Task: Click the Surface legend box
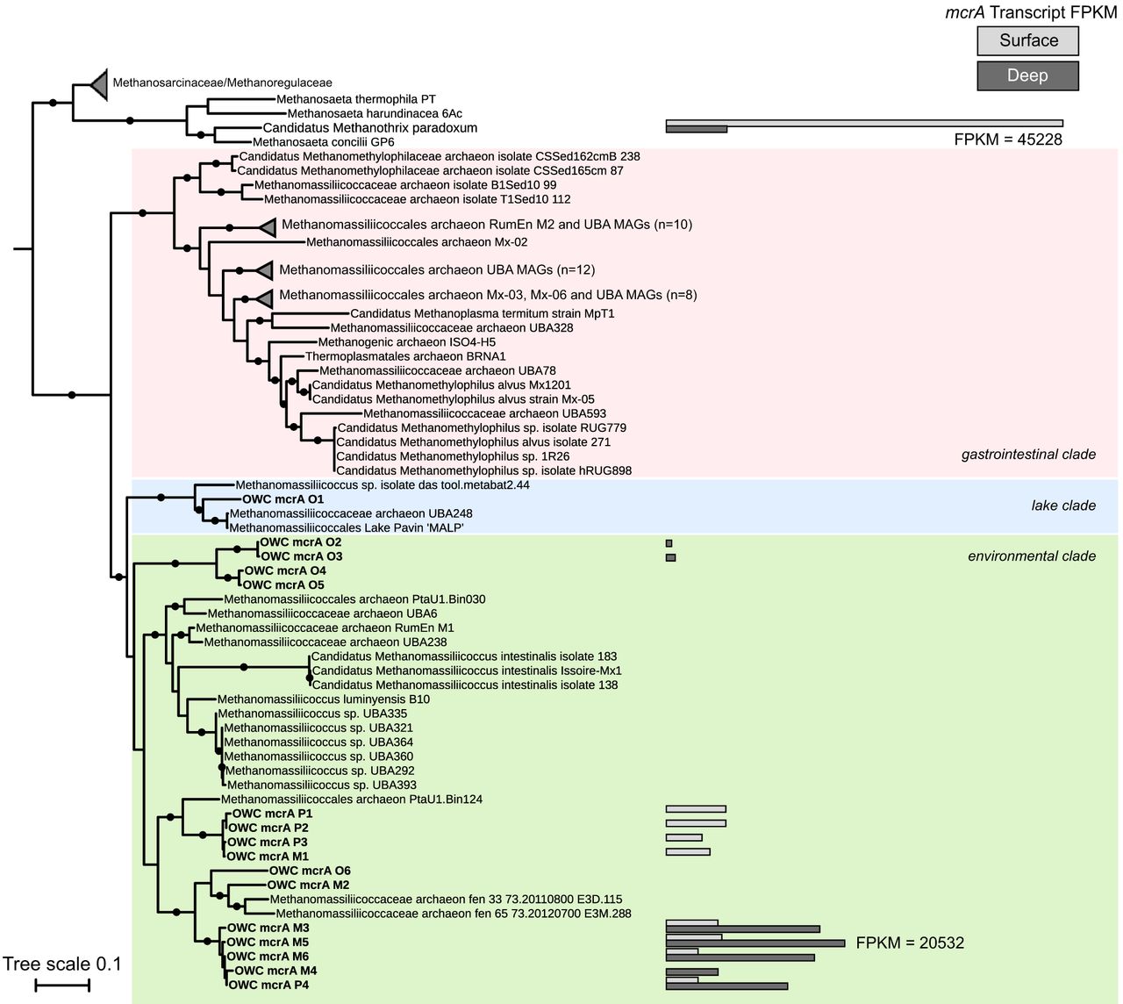(1027, 40)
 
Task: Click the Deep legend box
(1027, 75)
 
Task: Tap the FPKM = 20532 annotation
(910, 943)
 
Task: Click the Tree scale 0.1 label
(61, 965)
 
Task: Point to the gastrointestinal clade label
(1028, 454)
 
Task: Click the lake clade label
(1063, 506)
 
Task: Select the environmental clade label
(1032, 556)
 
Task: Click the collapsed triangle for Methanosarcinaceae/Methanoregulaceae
(97, 84)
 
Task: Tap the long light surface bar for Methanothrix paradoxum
(864, 124)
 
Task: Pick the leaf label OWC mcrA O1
(270, 499)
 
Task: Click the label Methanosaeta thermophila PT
(355, 99)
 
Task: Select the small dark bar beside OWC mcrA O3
(670, 557)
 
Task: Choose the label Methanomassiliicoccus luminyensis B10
(324, 699)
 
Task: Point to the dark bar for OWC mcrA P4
(726, 986)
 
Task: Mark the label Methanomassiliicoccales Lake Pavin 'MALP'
(347, 527)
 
